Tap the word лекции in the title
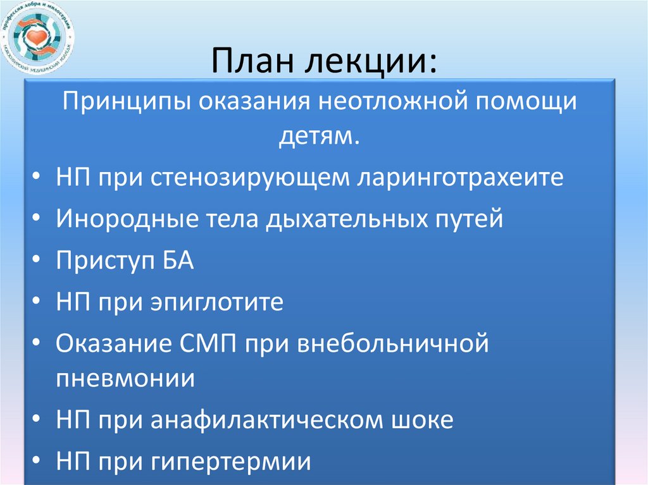tap(368, 64)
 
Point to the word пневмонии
tap(125, 379)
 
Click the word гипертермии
tap(231, 462)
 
